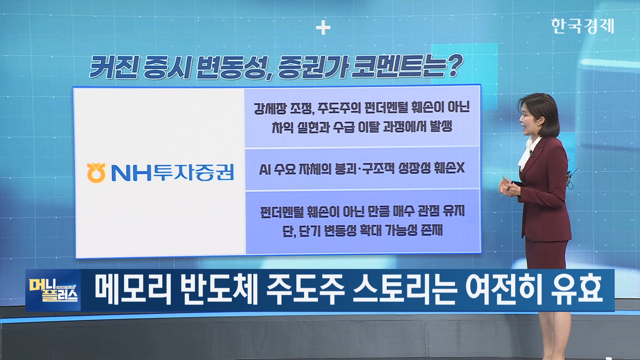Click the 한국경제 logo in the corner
point(582,26)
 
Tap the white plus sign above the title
point(323,28)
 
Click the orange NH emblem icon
point(96,172)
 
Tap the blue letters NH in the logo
point(131,173)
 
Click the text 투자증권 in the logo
point(194,172)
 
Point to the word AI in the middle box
point(265,169)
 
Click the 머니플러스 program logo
point(53,290)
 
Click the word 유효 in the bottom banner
point(577,289)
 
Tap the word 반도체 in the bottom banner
point(219,289)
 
